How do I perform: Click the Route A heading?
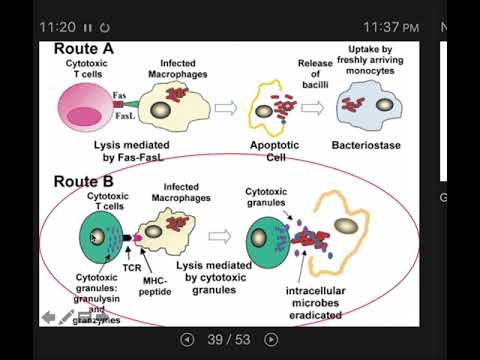(x=85, y=47)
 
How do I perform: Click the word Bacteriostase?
(x=373, y=146)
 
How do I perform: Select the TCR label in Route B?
(x=130, y=269)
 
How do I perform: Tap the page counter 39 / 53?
(x=228, y=339)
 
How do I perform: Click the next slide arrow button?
(x=270, y=339)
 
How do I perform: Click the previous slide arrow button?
(x=185, y=339)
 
